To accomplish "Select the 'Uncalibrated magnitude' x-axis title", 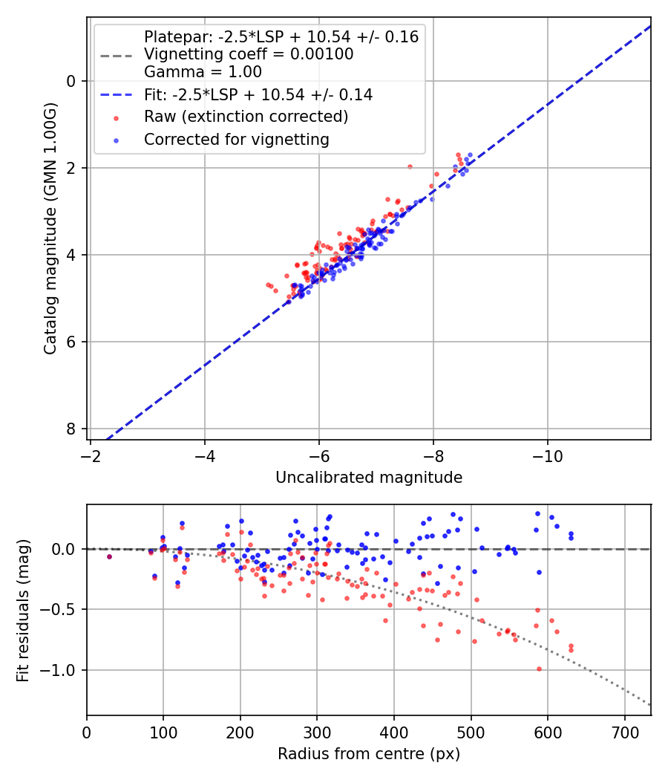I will pos(369,478).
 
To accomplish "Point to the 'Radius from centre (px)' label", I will pos(369,754).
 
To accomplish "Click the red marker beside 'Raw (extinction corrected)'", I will pos(115,117).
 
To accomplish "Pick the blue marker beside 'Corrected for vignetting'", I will pos(115,140).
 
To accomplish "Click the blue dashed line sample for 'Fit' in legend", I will pos(115,95).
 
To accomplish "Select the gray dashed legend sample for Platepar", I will pos(115,55).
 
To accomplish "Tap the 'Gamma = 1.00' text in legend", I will pos(203,72).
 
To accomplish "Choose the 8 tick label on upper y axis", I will pos(72,429).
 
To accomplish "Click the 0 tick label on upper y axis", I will pos(72,81).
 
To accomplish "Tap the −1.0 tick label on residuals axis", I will pos(63,671).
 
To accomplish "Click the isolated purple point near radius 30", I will pos(109,556).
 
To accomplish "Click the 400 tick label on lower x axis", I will pos(394,732).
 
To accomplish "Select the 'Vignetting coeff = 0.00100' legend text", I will pos(249,54).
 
